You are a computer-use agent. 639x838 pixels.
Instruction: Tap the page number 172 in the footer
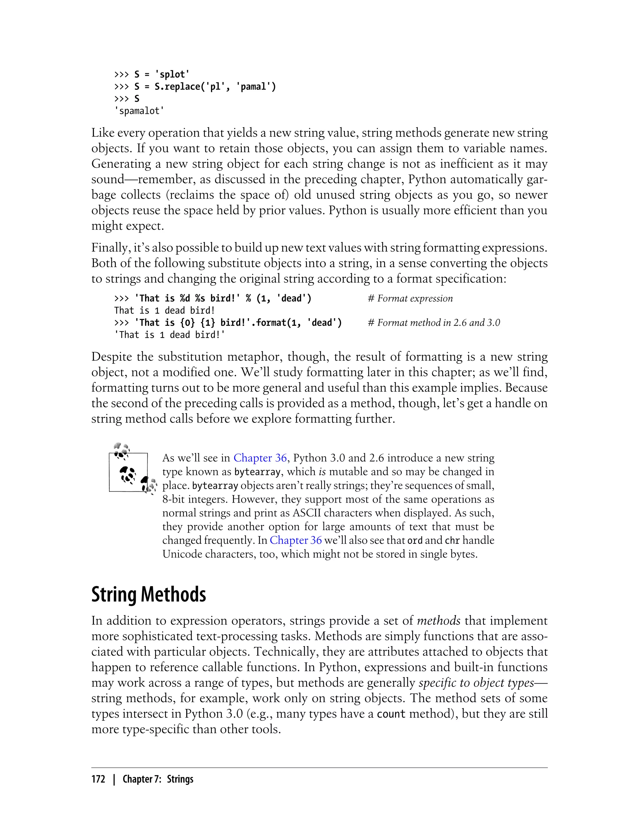coord(98,779)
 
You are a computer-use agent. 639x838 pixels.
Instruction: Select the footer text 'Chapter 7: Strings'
coord(158,779)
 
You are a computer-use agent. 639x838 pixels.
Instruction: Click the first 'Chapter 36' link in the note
coord(260,458)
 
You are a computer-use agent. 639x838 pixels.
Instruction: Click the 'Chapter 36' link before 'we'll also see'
coord(295,540)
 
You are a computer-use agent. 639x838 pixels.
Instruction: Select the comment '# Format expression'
coord(410,298)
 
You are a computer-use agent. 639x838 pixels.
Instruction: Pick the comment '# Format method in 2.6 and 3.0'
coord(434,323)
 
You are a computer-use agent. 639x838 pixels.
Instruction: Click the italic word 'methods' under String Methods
coord(439,621)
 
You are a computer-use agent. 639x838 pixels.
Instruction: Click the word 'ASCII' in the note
coord(307,513)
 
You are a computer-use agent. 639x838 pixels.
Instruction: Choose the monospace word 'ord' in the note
coord(415,540)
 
